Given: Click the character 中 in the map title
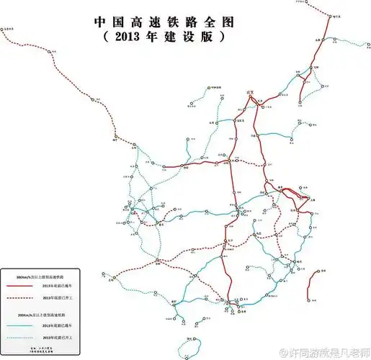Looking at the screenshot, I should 102,21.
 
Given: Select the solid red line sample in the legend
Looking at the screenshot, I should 22,287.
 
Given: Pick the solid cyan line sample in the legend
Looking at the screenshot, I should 22,325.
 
